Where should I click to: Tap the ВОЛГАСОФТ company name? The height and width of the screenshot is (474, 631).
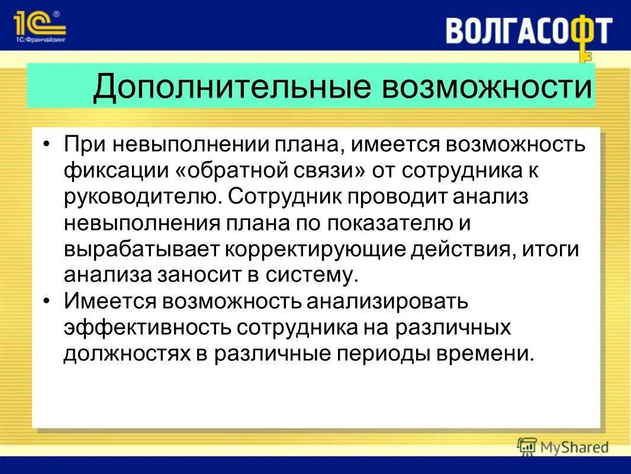pos(529,31)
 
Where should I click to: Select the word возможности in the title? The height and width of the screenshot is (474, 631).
pos(488,87)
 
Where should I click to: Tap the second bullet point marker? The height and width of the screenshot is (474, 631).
pos(47,302)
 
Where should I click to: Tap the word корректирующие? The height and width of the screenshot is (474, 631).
pos(314,249)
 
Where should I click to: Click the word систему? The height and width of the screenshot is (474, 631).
pos(312,275)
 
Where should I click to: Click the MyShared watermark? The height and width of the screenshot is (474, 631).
pos(562,447)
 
